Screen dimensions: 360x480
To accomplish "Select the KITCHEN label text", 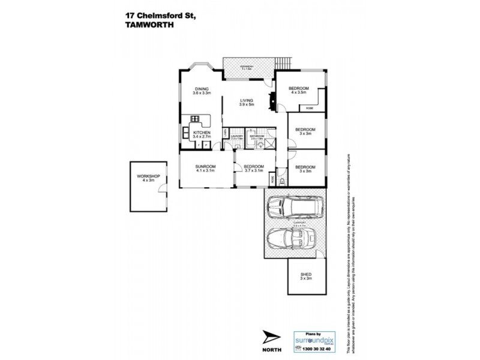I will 200,134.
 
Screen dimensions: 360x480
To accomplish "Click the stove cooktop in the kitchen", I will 196,118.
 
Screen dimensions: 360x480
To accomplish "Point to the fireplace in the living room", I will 271,100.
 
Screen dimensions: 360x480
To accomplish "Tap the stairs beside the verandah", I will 283,63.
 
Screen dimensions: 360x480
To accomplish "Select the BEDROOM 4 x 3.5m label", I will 299,91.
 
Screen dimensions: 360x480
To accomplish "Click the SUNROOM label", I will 205,169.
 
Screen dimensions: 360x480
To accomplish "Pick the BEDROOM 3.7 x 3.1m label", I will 254,169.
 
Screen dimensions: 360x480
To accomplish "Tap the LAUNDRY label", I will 236,137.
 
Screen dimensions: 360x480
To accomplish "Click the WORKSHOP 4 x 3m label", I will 147,178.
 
